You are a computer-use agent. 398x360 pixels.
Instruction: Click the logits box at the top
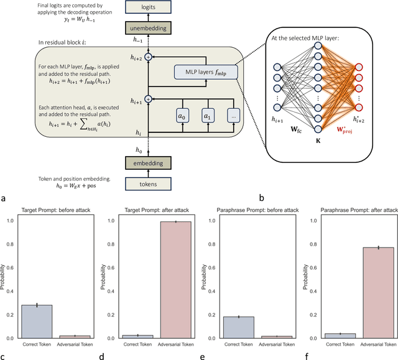148,7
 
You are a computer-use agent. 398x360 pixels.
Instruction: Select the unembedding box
148,28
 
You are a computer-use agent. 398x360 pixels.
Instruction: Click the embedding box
148,163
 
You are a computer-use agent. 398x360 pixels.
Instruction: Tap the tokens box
148,184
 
